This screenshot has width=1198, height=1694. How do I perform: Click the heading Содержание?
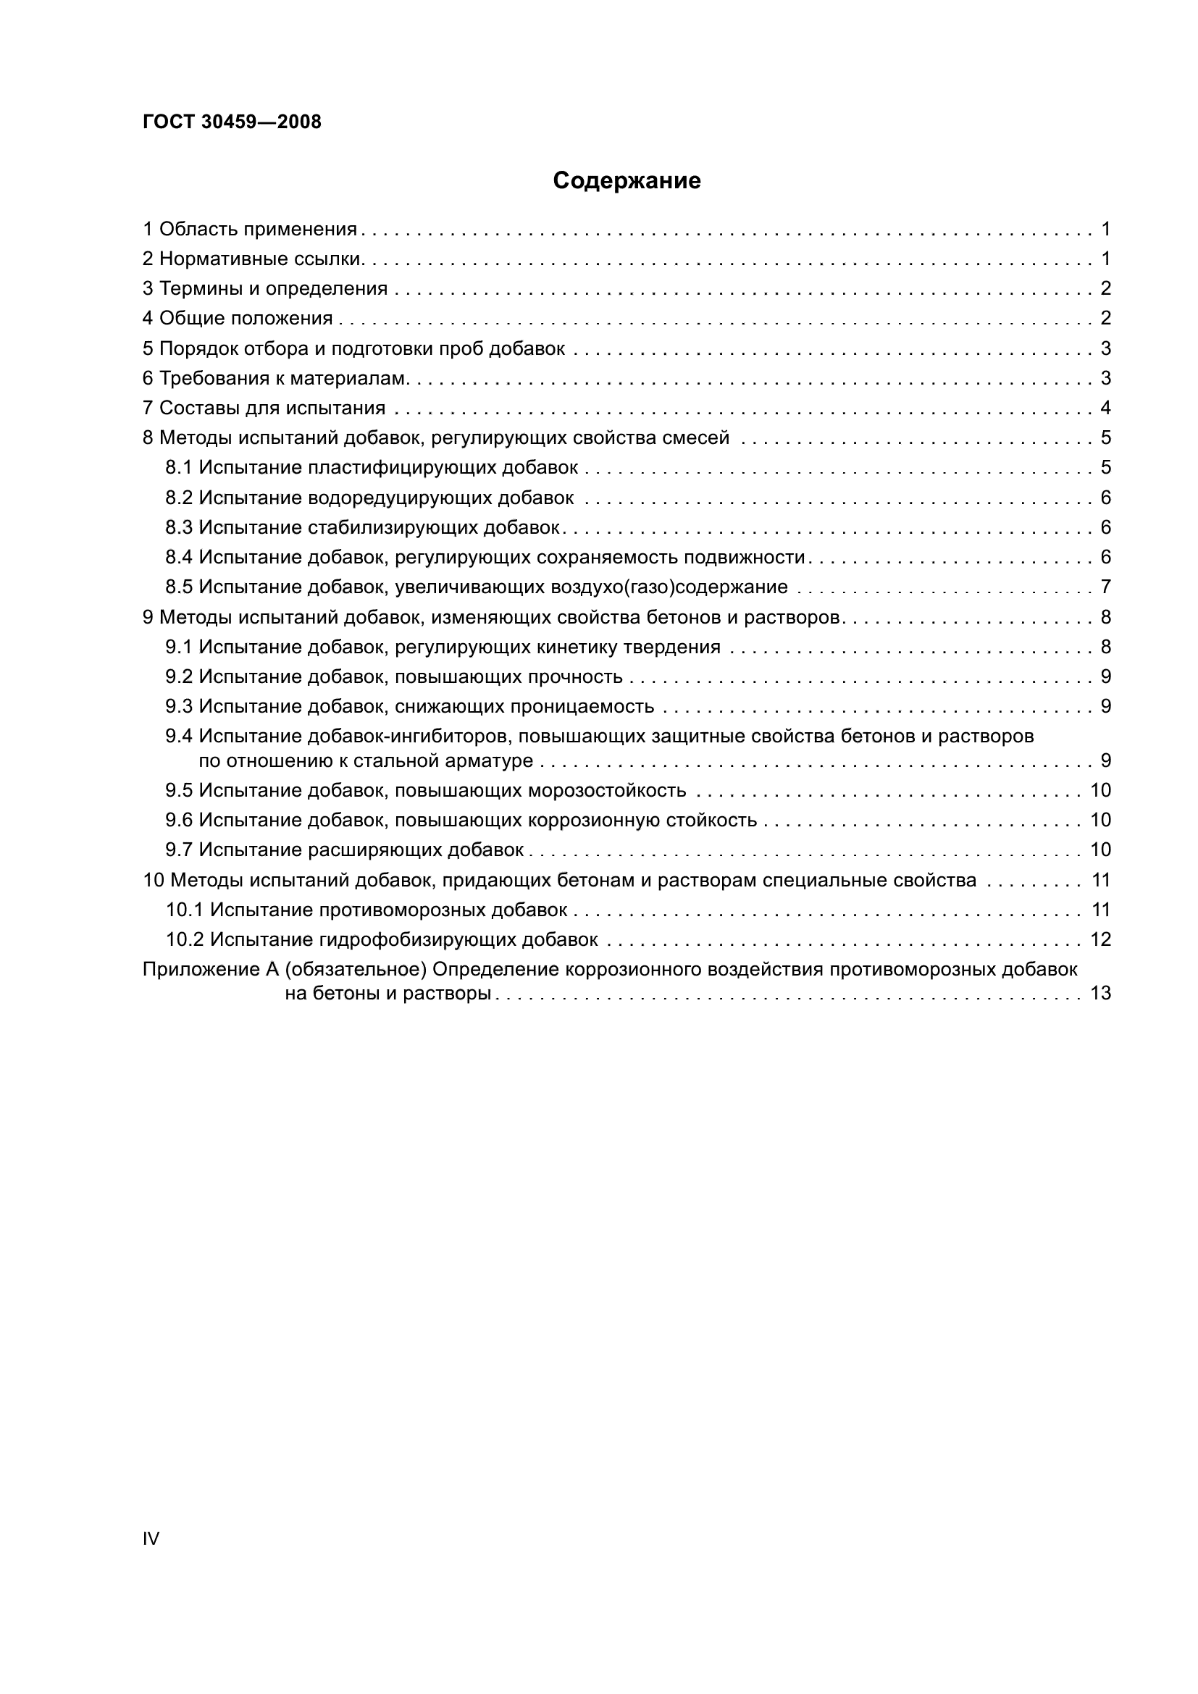(627, 181)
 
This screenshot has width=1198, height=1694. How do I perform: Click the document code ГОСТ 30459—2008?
(232, 122)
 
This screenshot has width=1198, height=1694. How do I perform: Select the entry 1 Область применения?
(249, 230)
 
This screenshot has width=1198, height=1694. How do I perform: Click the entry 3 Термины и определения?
(265, 288)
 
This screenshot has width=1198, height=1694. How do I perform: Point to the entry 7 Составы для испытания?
(264, 408)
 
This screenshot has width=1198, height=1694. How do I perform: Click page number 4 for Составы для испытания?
(1105, 408)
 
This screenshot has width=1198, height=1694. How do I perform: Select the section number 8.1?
(179, 468)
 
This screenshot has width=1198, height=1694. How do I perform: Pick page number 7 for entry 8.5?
(1105, 587)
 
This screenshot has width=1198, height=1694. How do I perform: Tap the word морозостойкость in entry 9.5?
(607, 791)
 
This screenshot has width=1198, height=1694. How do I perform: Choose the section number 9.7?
(179, 850)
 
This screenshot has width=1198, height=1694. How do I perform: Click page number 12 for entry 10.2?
(1100, 939)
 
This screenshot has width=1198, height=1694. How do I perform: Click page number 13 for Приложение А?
(1100, 994)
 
